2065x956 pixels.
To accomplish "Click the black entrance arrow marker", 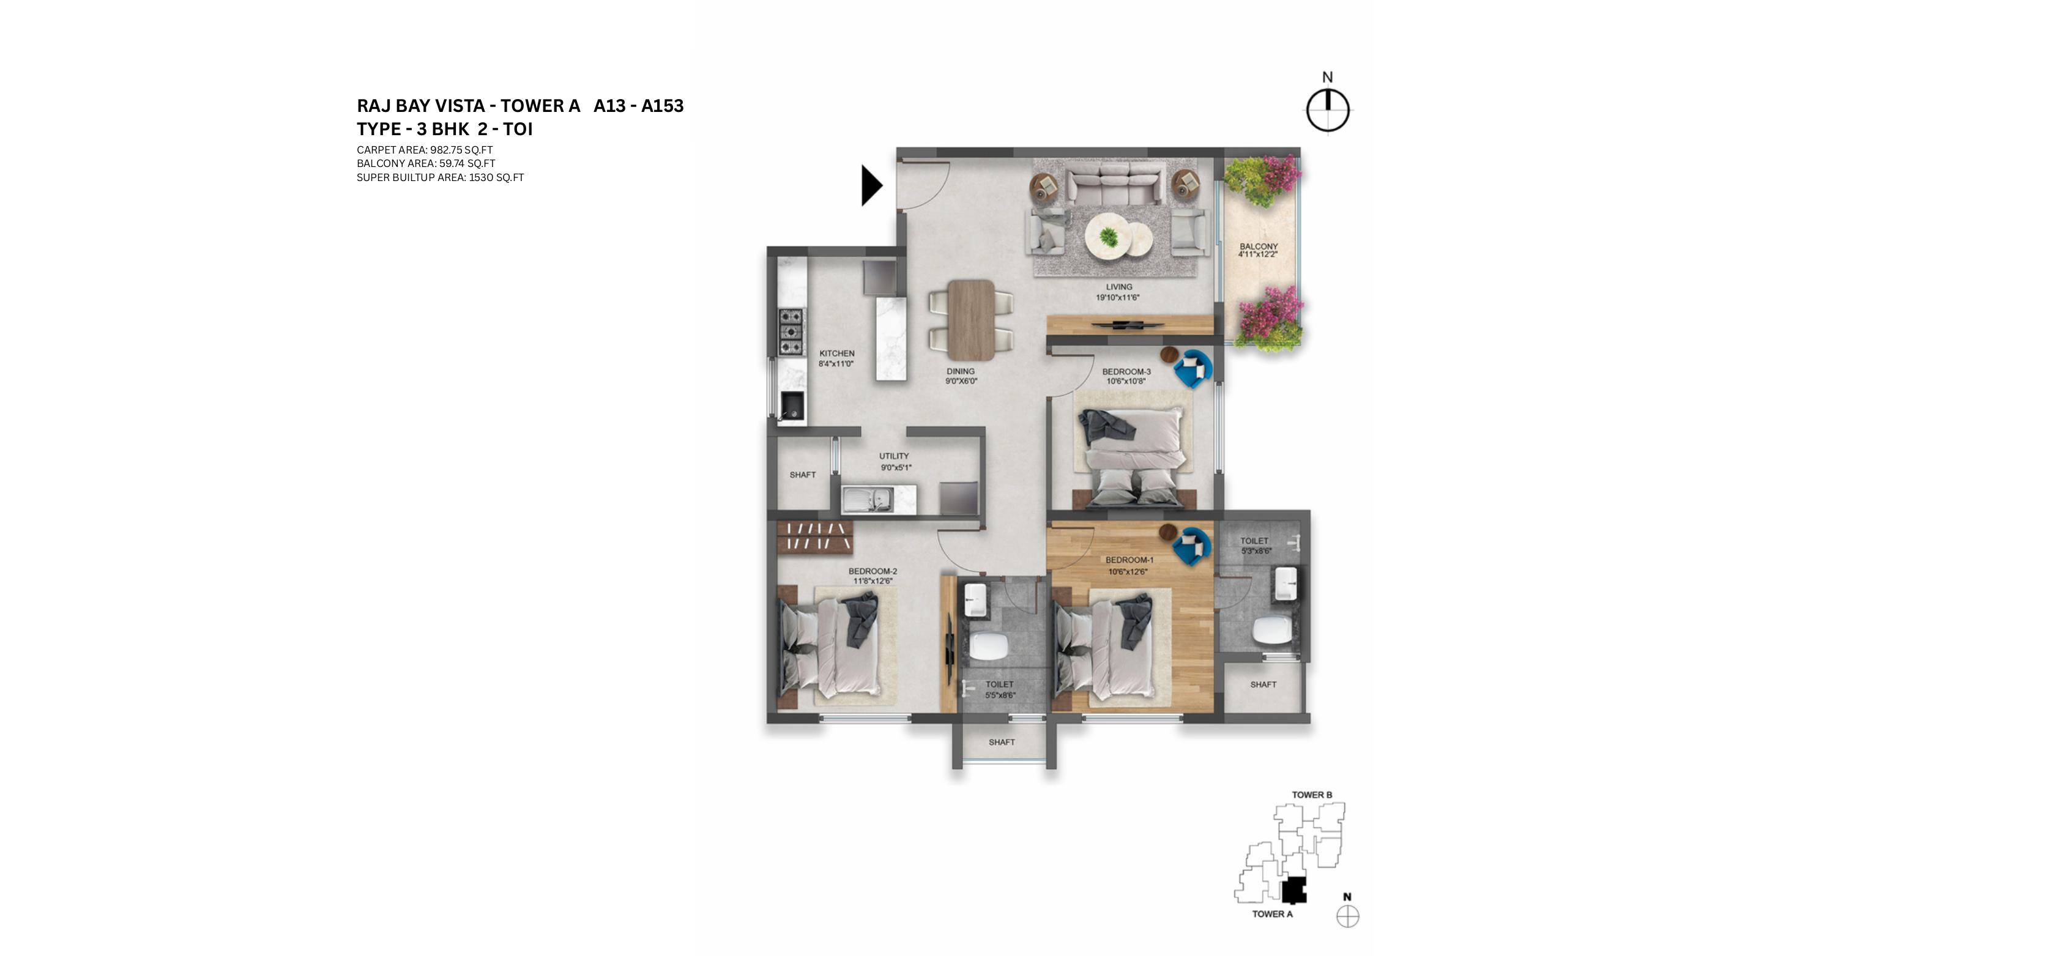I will [x=871, y=186].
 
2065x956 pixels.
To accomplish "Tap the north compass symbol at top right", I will [x=1328, y=109].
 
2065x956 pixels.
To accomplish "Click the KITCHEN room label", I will [x=836, y=354].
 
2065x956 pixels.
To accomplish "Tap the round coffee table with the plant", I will [x=1109, y=238].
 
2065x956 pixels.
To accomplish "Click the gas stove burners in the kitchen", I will [x=230, y=331].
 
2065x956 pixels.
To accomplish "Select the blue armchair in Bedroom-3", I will [x=1193, y=369].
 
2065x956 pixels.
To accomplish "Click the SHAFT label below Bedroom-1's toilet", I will [x=1263, y=684].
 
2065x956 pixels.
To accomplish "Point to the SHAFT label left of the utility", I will [x=802, y=475].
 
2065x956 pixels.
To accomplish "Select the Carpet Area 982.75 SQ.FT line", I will [x=424, y=150].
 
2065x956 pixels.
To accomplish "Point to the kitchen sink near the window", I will [x=231, y=406].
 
